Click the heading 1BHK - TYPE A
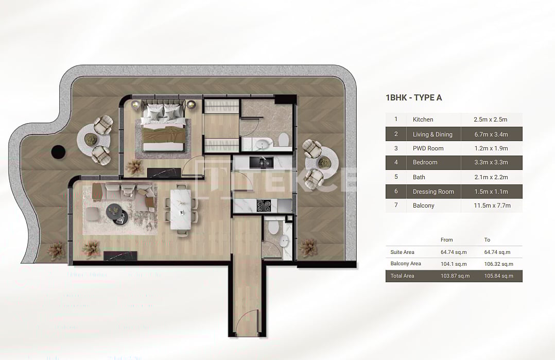[413, 98]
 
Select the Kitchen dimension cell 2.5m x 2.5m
[490, 119]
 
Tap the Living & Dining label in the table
[432, 134]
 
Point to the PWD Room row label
[428, 148]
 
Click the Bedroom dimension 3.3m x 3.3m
[490, 162]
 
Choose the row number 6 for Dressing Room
[396, 192]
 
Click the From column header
[446, 240]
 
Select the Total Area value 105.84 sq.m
[498, 276]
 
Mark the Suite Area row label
[402, 252]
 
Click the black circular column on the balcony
[58, 151]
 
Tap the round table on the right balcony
[324, 163]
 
